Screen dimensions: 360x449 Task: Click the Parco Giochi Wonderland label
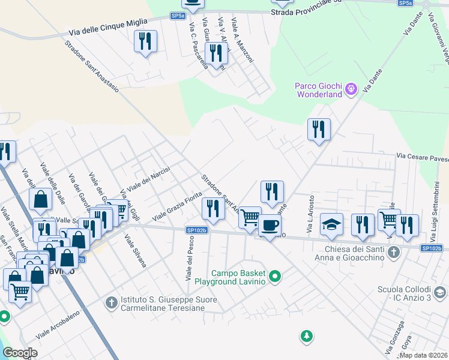click(x=318, y=89)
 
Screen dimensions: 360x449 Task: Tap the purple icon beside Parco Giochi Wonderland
click(x=351, y=90)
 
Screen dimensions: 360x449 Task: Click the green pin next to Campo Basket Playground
click(x=276, y=277)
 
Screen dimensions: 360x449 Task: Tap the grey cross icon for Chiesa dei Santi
click(x=393, y=251)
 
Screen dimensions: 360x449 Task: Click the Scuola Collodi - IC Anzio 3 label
click(x=403, y=293)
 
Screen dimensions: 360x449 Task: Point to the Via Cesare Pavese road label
click(x=422, y=157)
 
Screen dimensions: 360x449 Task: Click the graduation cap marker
click(x=331, y=224)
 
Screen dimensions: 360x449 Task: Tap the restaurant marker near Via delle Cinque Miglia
click(x=145, y=41)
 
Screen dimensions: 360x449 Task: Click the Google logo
click(x=20, y=353)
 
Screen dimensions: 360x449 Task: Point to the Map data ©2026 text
click(x=423, y=355)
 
